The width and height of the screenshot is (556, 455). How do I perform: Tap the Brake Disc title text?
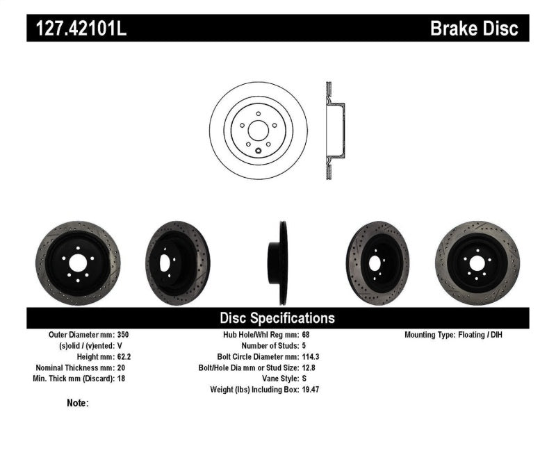click(474, 28)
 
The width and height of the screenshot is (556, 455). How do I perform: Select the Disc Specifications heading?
click(277, 318)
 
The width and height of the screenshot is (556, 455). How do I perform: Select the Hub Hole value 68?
click(306, 335)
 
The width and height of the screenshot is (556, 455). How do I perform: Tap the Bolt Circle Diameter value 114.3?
click(311, 356)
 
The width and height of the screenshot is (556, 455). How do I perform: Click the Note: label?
click(78, 403)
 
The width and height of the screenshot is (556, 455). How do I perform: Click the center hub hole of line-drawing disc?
click(258, 129)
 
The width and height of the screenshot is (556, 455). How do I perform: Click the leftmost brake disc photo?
click(68, 258)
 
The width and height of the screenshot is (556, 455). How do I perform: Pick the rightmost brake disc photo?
click(477, 258)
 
